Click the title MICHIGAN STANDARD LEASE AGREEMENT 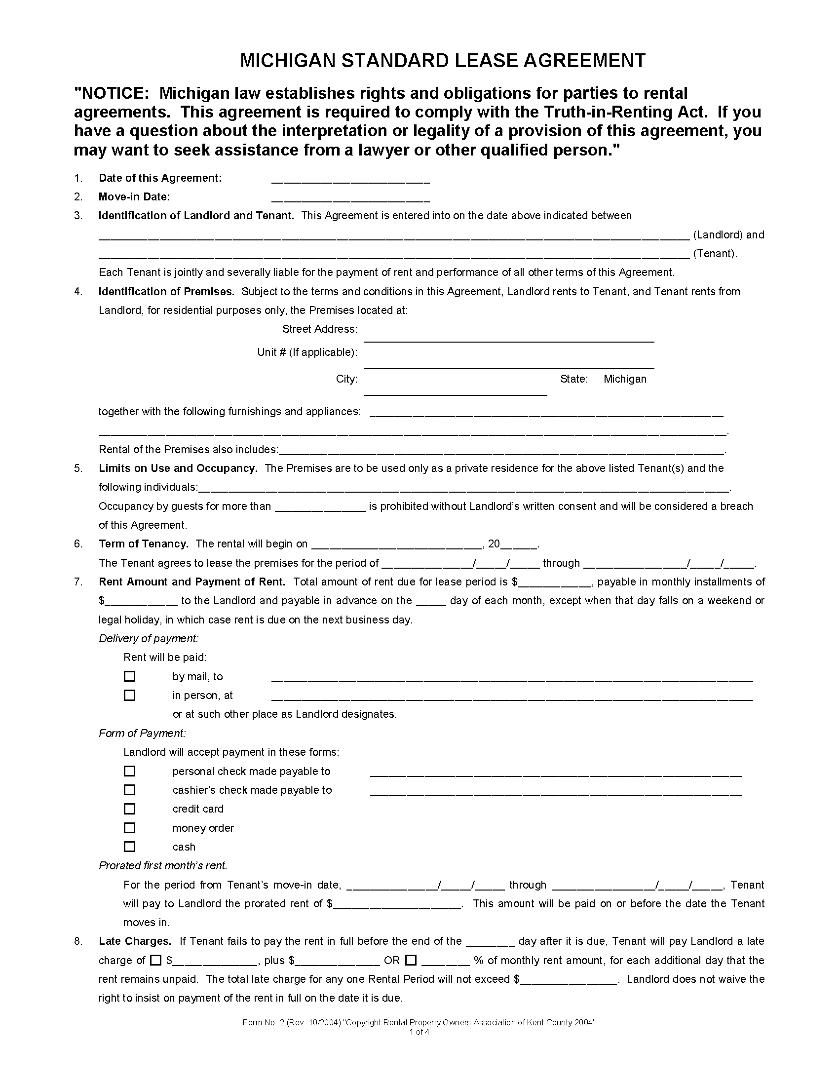point(443,61)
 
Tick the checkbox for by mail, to point(129,676)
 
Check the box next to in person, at point(129,695)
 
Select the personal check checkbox point(129,771)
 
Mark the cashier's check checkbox point(129,790)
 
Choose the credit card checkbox point(129,809)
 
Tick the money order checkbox point(129,828)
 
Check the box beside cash point(129,847)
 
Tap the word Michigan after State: point(625,379)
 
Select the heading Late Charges point(135,941)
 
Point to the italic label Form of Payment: point(142,734)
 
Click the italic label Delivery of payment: point(149,638)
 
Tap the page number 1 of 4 point(419,1032)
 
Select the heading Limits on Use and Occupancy point(178,468)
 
